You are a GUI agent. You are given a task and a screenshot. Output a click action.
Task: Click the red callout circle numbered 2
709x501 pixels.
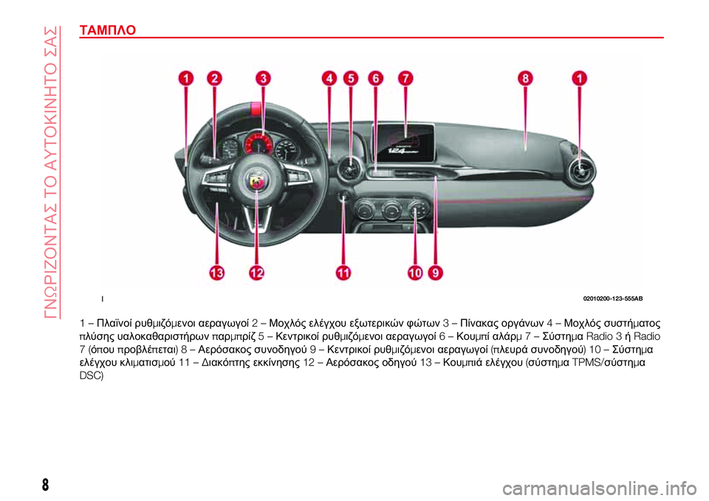click(214, 78)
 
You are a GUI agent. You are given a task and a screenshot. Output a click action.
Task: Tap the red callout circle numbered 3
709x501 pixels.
click(263, 78)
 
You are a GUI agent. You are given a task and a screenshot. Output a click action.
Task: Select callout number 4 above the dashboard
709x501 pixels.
click(329, 78)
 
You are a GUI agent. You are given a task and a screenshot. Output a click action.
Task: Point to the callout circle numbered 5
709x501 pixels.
click(351, 78)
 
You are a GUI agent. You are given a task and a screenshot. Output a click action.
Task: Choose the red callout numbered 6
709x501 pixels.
click(375, 78)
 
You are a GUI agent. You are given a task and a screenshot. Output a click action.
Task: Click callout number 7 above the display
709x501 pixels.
click(405, 78)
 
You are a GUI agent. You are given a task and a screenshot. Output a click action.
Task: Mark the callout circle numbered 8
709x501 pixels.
click(525, 78)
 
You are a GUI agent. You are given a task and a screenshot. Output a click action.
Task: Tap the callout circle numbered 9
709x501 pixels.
click(436, 273)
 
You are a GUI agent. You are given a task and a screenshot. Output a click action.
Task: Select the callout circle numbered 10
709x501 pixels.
click(415, 273)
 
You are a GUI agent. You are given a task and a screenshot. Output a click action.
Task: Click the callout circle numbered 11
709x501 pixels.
click(343, 273)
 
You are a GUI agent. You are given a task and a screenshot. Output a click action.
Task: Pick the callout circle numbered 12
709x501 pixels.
click(256, 273)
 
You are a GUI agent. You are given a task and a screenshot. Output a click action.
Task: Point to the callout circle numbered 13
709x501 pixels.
click(216, 273)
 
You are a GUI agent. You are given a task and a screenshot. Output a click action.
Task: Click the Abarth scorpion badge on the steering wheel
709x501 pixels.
click(257, 182)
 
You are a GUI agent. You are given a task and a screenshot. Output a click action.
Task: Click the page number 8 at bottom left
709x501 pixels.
click(45, 485)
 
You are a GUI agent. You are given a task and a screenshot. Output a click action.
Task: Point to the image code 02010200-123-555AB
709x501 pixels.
click(613, 299)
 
